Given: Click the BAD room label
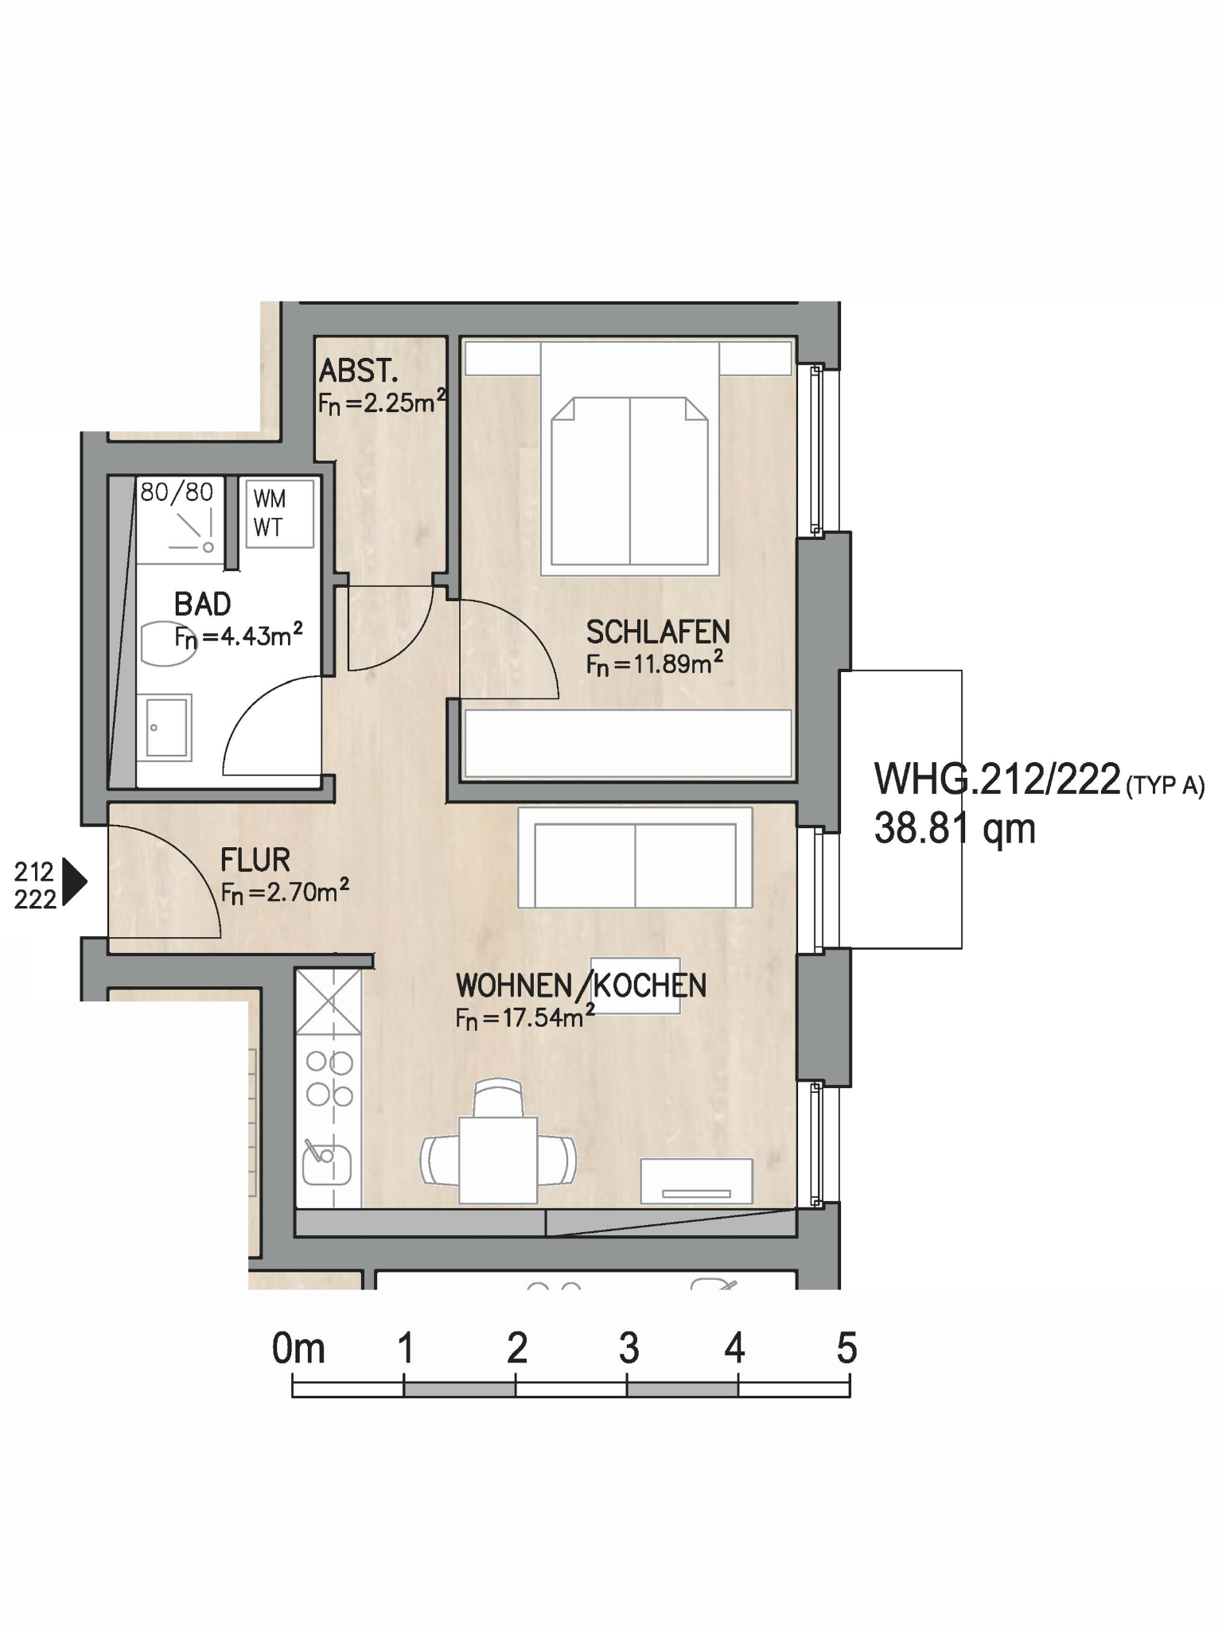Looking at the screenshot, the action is [x=203, y=605].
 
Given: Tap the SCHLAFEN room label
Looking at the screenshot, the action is [x=658, y=632].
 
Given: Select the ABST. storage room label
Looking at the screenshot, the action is [x=358, y=371].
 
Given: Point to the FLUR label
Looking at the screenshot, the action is [x=255, y=860].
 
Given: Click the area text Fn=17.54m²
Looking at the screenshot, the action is [x=525, y=1017].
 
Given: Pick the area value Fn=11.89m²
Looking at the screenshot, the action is [x=655, y=663].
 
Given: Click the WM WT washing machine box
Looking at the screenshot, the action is [x=279, y=514].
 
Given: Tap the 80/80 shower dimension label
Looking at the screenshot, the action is [x=177, y=492].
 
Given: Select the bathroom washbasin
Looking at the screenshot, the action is [x=164, y=727].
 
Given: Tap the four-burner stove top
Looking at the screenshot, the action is [x=329, y=1079].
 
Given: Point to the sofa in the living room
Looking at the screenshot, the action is [x=635, y=857].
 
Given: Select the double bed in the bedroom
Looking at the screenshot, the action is [x=630, y=458].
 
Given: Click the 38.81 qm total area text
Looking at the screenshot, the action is [x=955, y=828].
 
